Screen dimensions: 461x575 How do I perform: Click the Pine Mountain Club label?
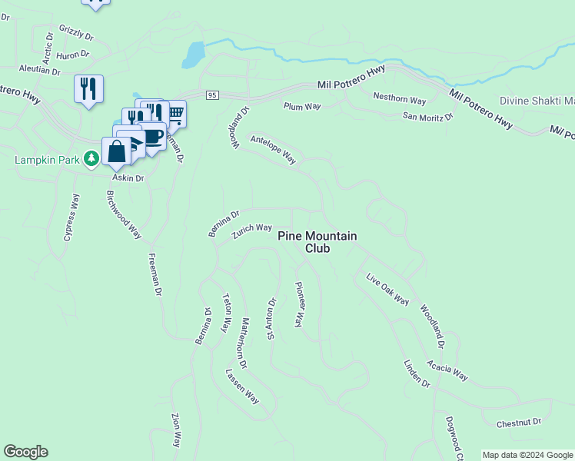317,242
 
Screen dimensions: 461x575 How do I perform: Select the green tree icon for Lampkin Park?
92,159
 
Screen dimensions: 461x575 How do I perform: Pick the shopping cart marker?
175,114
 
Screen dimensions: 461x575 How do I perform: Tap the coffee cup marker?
154,136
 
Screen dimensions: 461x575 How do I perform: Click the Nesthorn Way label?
399,99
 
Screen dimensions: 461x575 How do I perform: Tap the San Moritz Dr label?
428,116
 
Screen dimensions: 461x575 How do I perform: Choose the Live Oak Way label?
387,289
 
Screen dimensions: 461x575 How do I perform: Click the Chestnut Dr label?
519,423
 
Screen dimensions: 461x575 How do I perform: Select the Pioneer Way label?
300,304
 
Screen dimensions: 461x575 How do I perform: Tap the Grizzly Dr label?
75,35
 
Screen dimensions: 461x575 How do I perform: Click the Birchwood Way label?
124,214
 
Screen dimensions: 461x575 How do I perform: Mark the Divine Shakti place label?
537,101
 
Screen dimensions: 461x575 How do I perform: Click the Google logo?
25,452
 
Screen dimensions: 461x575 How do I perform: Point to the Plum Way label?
301,107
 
